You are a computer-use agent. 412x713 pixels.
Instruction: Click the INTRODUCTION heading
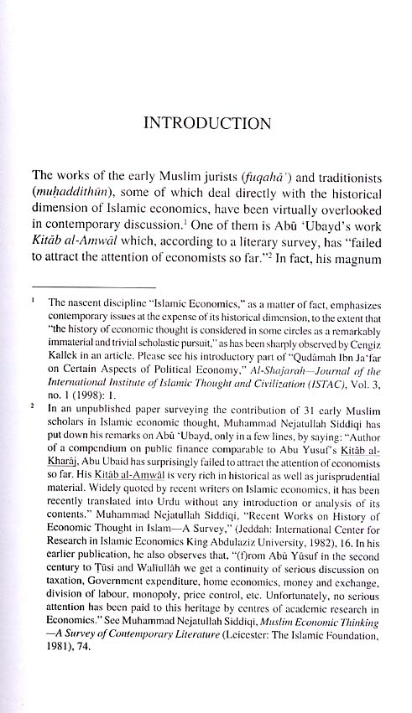207,125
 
